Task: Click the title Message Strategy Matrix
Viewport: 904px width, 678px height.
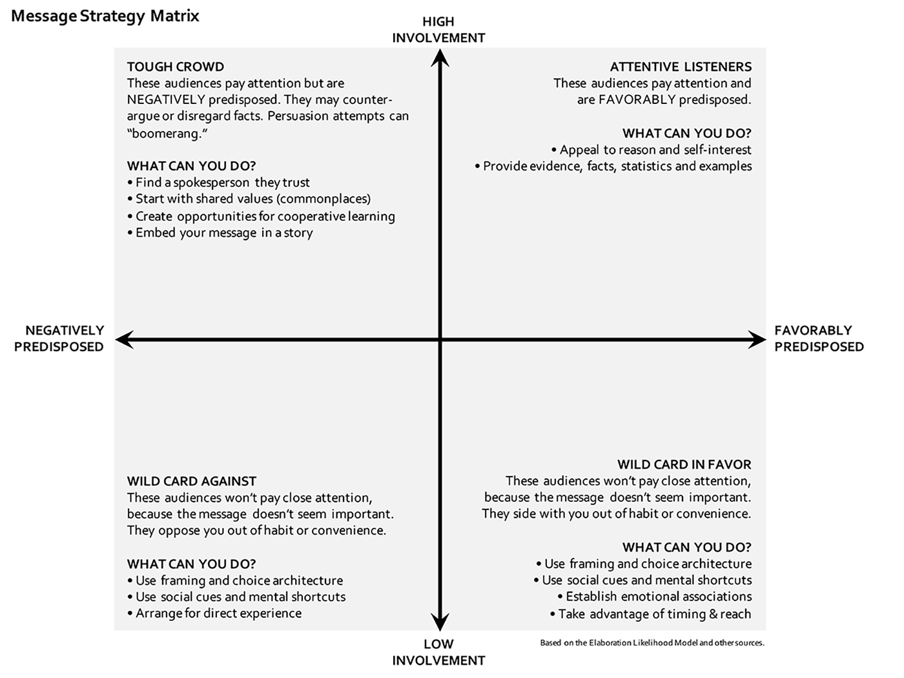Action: coord(105,17)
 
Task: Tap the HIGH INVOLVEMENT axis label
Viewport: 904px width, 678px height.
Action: coord(438,30)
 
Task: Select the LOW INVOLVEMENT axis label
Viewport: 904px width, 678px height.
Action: coord(438,652)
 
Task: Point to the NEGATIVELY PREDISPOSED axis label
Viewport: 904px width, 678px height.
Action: coord(59,338)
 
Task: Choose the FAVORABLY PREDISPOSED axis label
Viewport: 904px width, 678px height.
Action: coord(819,338)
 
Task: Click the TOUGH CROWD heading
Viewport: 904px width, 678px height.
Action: coord(176,67)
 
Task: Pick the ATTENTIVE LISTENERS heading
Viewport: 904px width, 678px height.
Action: coord(681,67)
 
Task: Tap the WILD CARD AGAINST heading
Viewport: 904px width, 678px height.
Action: coord(192,481)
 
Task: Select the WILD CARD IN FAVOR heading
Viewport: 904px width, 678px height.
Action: coord(684,464)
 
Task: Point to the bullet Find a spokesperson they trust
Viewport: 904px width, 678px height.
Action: coord(218,182)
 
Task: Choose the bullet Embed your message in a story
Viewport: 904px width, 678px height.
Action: coord(220,233)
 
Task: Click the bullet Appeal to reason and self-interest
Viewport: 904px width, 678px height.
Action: coord(652,150)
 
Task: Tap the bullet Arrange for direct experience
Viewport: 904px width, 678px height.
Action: coord(214,613)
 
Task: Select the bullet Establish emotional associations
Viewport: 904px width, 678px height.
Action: coord(655,597)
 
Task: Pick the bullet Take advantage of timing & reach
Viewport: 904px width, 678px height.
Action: coord(651,614)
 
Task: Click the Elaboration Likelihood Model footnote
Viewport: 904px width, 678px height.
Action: coord(652,642)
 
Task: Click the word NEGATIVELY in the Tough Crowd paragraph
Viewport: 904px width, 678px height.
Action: coord(166,99)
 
